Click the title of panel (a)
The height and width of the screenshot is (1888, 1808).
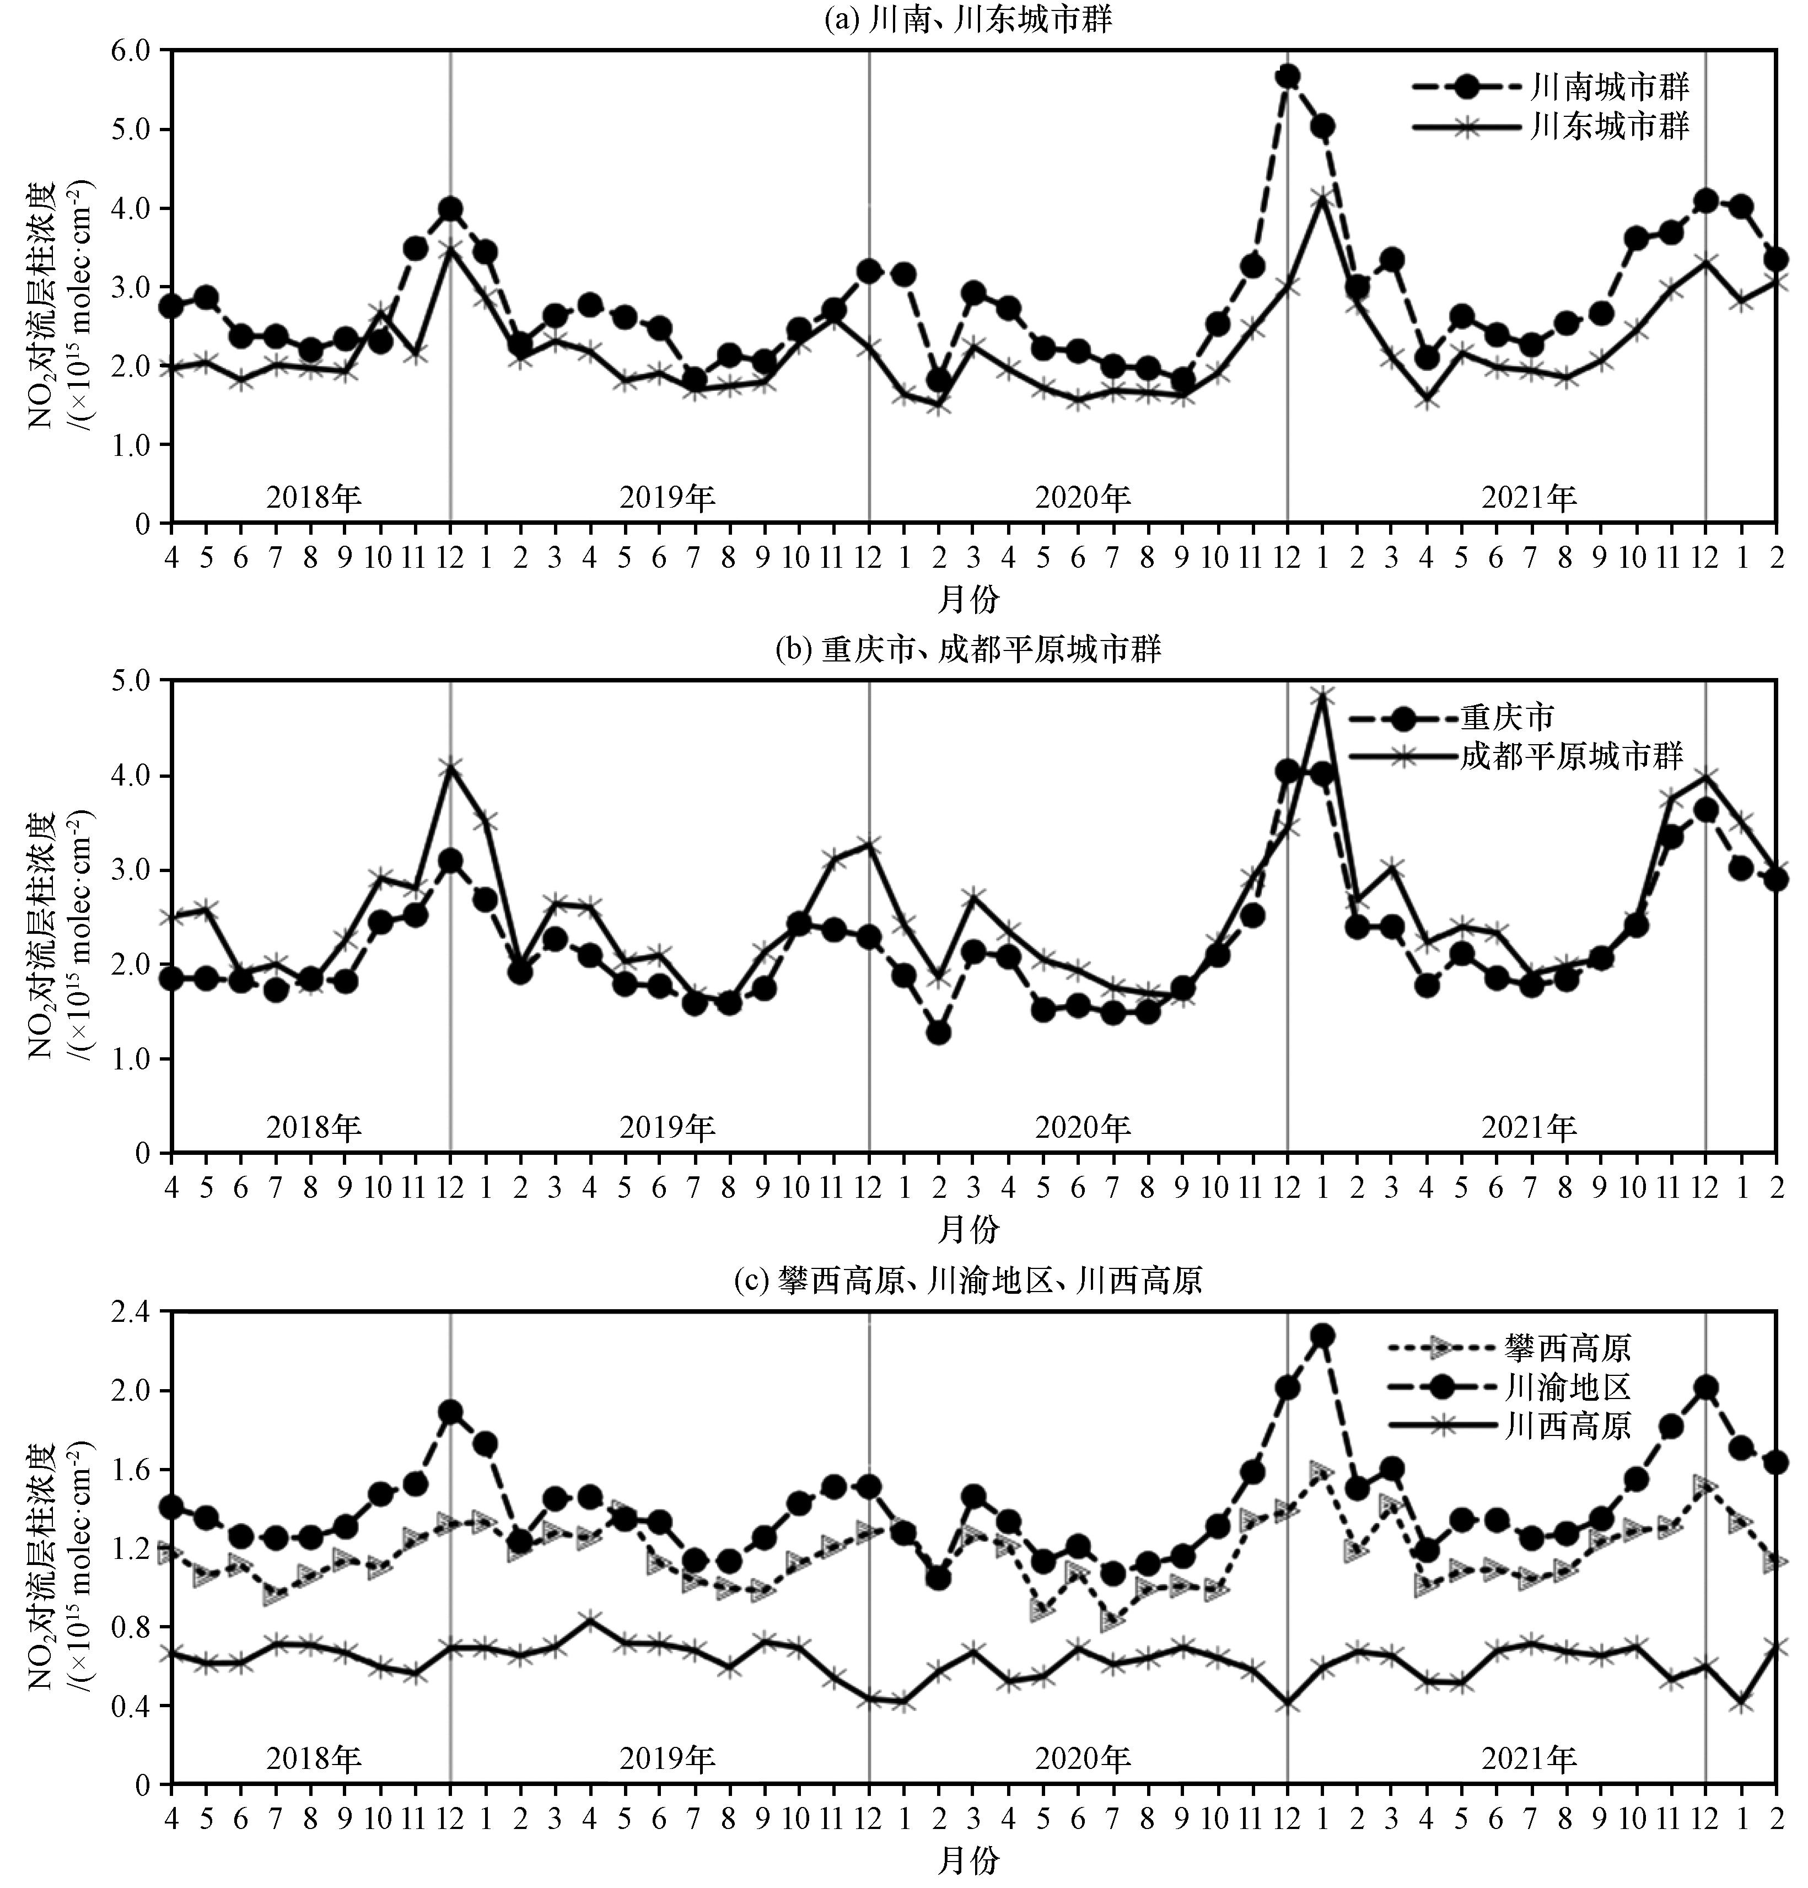968,21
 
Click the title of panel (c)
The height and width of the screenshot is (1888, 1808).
968,1280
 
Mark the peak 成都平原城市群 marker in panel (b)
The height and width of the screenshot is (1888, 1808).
1322,696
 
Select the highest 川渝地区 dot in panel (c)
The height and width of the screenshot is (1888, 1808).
1322,1335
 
